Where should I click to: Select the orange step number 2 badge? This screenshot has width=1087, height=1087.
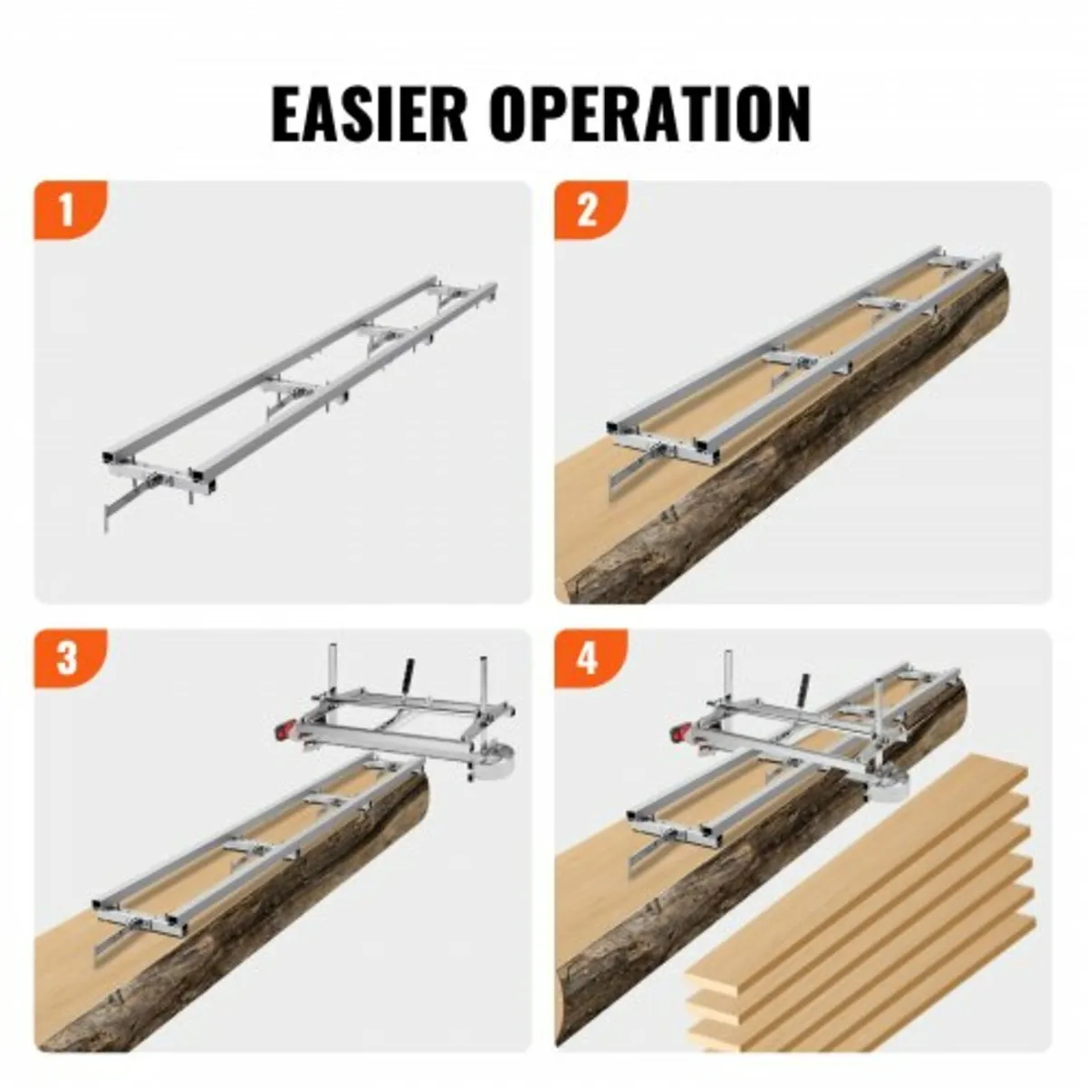(x=587, y=210)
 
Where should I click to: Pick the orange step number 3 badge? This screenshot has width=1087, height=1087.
(x=66, y=659)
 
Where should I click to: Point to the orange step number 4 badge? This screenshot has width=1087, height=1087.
(x=587, y=659)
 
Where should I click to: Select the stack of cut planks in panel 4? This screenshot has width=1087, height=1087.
(x=861, y=906)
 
